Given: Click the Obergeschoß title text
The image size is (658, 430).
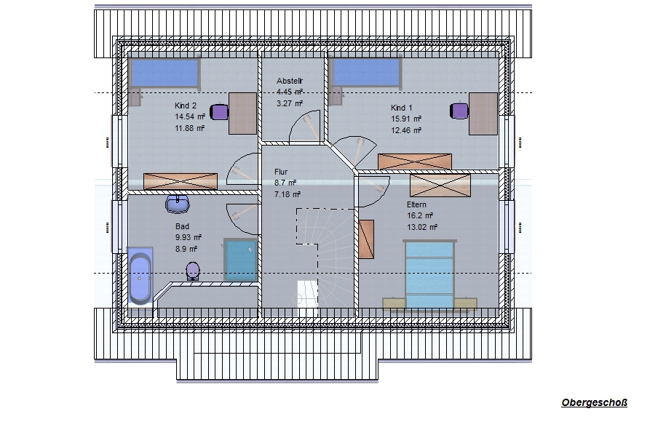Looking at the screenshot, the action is pyautogui.click(x=594, y=403).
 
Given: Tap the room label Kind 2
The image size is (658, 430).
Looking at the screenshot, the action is pyautogui.click(x=186, y=105).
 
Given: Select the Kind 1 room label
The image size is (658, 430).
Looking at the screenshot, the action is pyautogui.click(x=402, y=108).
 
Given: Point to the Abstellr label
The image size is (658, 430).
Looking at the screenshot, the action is pyautogui.click(x=290, y=81).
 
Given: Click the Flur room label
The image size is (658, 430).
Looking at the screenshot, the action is pyautogui.click(x=281, y=172).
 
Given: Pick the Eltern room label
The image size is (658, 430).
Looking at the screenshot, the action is pyautogui.click(x=416, y=204).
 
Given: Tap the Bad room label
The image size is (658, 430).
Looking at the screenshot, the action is pyautogui.click(x=182, y=226).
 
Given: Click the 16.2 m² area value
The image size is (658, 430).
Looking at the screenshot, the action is pyautogui.click(x=420, y=215).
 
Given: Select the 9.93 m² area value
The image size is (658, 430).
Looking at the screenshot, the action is pyautogui.click(x=189, y=237).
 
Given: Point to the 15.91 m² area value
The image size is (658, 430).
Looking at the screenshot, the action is pyautogui.click(x=406, y=119).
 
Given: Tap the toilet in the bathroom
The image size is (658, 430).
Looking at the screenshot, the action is pyautogui.click(x=193, y=271).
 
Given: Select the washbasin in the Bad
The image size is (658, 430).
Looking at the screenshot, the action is pyautogui.click(x=178, y=204).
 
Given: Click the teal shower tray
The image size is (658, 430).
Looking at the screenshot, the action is pyautogui.click(x=240, y=260).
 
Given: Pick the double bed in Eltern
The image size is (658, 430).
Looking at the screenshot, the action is pyautogui.click(x=429, y=275).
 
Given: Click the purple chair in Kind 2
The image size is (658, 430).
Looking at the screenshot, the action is pyautogui.click(x=218, y=112).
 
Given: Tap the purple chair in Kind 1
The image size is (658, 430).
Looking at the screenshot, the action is pyautogui.click(x=459, y=111).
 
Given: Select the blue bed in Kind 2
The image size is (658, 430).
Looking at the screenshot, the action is pyautogui.click(x=164, y=73).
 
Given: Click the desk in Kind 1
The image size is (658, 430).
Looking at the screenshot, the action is pyautogui.click(x=483, y=114).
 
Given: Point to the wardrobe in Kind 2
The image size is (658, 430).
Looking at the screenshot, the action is pyautogui.click(x=181, y=182).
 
